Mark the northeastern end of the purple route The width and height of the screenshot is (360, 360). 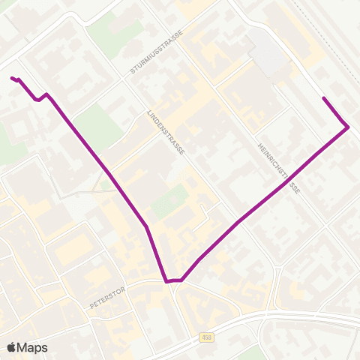[x=323, y=98]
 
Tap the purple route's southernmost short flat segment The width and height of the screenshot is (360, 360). [x=173, y=281]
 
